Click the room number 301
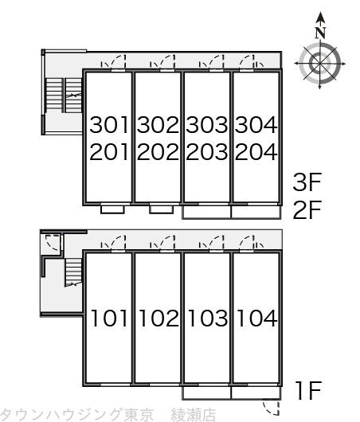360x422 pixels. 109,125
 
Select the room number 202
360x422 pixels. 158,152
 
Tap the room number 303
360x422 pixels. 207,125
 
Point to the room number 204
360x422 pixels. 256,152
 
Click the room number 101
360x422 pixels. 109,318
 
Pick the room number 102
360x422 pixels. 158,318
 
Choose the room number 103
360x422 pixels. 208,318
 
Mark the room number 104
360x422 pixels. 256,318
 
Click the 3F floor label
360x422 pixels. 307,182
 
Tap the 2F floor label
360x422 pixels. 307,209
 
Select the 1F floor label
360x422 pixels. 308,390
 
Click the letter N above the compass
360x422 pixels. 320,33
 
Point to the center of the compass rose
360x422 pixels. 319,64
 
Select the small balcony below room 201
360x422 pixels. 112,209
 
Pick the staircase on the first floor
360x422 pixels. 73,272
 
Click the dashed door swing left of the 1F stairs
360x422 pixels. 53,243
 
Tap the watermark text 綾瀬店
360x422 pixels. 194,415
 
